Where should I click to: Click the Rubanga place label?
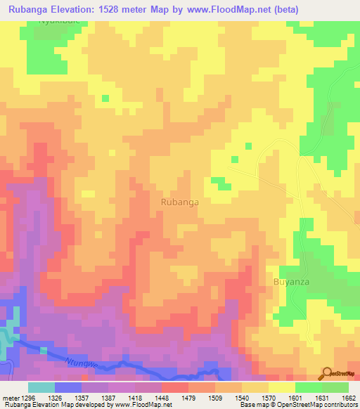[179, 202]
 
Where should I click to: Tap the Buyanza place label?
[290, 281]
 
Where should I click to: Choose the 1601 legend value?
[295, 398]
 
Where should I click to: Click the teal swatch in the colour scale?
[41, 387]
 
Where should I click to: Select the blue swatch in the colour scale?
[68, 387]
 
